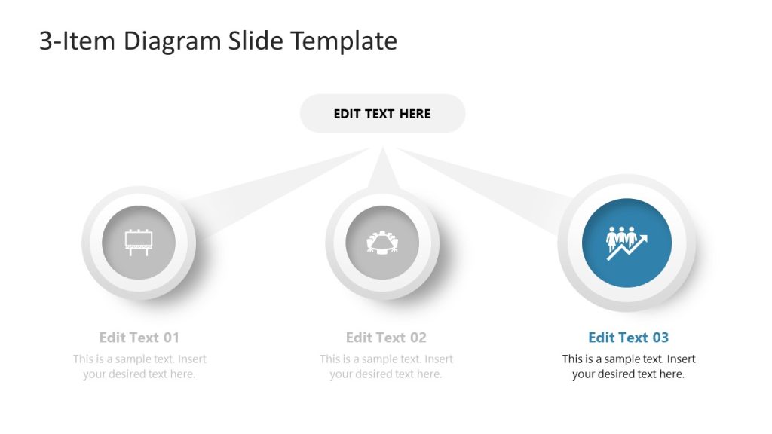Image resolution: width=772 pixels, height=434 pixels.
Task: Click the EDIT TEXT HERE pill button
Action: (x=382, y=114)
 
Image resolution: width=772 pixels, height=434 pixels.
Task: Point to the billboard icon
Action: (x=139, y=242)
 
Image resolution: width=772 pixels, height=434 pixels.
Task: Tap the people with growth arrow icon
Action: (x=627, y=242)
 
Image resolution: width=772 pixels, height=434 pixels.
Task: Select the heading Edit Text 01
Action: (x=139, y=337)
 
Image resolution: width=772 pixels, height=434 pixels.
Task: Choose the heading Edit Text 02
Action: (x=386, y=337)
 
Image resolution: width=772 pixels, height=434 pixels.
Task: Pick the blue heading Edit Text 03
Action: (x=628, y=337)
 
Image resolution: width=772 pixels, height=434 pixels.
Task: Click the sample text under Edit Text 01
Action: (x=139, y=366)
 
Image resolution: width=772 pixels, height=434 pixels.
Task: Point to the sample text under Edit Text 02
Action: (x=386, y=366)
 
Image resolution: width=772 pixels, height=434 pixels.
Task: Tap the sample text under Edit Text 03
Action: (x=628, y=366)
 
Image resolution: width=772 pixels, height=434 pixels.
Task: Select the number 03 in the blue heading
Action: (x=660, y=337)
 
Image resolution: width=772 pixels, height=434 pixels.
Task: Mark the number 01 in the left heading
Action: (x=171, y=337)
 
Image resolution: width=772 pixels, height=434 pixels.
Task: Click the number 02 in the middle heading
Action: (x=418, y=337)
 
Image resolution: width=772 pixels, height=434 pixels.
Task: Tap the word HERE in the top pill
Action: (x=415, y=114)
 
